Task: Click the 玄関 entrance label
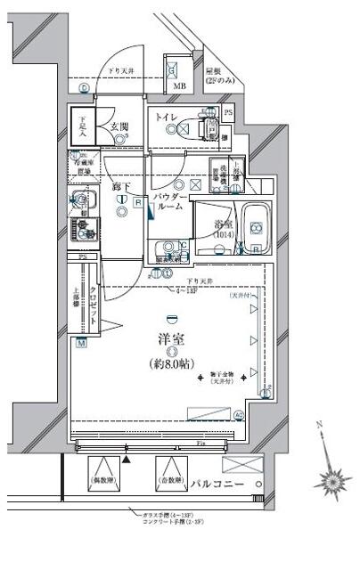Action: click(119, 126)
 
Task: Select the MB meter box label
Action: click(179, 86)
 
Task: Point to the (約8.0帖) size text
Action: click(170, 364)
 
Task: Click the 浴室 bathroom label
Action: click(224, 225)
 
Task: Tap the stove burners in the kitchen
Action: click(85, 231)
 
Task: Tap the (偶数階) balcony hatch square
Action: click(106, 471)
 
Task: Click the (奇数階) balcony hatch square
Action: click(170, 471)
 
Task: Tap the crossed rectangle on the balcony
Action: click(242, 464)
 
